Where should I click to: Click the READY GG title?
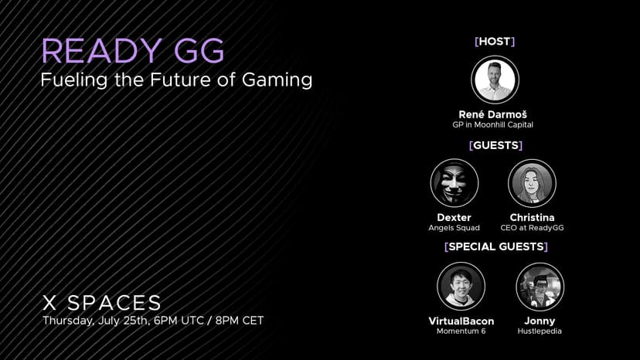click(x=133, y=51)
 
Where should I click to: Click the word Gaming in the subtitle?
click(x=277, y=80)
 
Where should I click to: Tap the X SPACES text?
click(x=102, y=303)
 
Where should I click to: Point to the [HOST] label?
click(x=495, y=41)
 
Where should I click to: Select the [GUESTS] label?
click(x=496, y=145)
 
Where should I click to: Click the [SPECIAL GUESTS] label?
click(x=496, y=246)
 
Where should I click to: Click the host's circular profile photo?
click(x=495, y=80)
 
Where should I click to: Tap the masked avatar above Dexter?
click(x=454, y=183)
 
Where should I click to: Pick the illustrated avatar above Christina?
click(x=532, y=183)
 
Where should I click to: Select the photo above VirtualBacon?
click(x=461, y=287)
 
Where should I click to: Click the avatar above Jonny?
click(x=540, y=287)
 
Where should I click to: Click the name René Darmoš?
click(x=492, y=114)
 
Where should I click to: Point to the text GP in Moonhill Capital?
click(x=492, y=125)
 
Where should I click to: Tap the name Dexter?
click(x=454, y=218)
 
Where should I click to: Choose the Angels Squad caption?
click(x=454, y=228)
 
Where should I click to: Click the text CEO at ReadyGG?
click(x=532, y=228)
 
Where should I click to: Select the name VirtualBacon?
click(x=461, y=321)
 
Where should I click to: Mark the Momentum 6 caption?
click(x=461, y=331)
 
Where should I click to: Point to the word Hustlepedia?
click(x=540, y=331)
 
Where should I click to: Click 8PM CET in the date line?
click(x=240, y=321)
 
